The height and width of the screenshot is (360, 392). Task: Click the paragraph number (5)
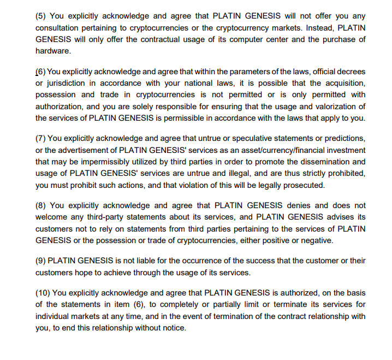[x=41, y=16]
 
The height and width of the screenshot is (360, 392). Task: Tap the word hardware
[x=53, y=51]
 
